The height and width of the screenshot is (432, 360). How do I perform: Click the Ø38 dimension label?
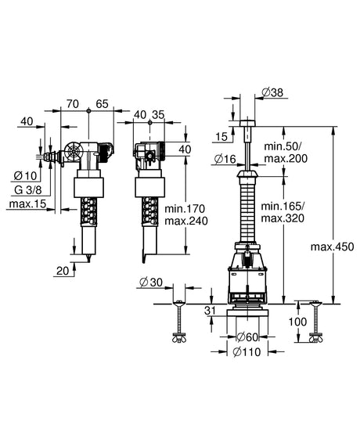pyautogui.click(x=272, y=92)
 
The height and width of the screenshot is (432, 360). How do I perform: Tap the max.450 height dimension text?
pyautogui.click(x=332, y=247)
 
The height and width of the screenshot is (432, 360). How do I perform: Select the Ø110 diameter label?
pyautogui.click(x=247, y=352)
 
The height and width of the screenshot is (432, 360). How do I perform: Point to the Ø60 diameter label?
pyautogui.click(x=247, y=337)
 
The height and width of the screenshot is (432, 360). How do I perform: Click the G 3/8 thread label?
pyautogui.click(x=28, y=190)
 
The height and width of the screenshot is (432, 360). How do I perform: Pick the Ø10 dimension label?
pyautogui.click(x=25, y=175)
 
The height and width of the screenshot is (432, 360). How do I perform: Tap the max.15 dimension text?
pyautogui.click(x=27, y=204)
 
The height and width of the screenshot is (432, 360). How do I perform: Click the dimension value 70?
pyautogui.click(x=73, y=104)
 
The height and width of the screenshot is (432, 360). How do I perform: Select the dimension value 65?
pyautogui.click(x=103, y=104)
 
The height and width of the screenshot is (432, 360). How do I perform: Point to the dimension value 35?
pyautogui.click(x=158, y=114)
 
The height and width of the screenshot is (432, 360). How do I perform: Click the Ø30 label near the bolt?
pyautogui.click(x=151, y=283)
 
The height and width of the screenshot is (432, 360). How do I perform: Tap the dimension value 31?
pyautogui.click(x=210, y=311)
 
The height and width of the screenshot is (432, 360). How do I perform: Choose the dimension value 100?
pyautogui.click(x=297, y=322)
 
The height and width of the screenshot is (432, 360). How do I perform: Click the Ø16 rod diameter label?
pyautogui.click(x=225, y=159)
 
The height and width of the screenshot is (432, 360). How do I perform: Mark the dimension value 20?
pyautogui.click(x=63, y=271)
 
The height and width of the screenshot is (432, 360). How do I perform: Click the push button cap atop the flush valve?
pyautogui.click(x=247, y=123)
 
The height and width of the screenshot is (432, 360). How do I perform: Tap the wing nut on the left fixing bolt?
pyautogui.click(x=179, y=338)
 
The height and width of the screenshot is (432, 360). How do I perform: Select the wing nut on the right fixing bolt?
pyautogui.click(x=316, y=338)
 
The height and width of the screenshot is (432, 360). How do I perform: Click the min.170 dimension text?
pyautogui.click(x=185, y=208)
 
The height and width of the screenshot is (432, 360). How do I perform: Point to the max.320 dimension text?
pyautogui.click(x=283, y=218)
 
